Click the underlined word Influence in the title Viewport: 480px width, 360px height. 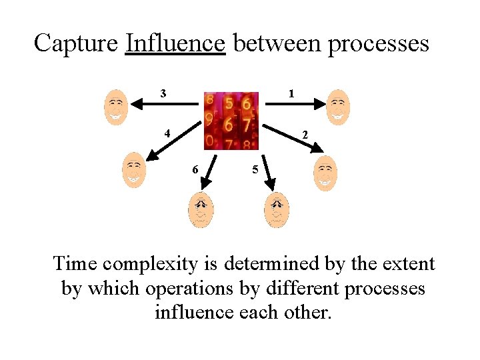[175, 43]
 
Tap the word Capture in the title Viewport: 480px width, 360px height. [76, 43]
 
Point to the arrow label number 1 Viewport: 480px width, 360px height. [291, 94]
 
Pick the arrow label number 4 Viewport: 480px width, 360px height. [169, 132]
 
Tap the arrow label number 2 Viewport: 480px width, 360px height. [305, 135]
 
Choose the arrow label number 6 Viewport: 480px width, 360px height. [195, 169]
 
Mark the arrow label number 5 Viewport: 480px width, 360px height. [254, 169]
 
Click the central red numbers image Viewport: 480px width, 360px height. [231, 121]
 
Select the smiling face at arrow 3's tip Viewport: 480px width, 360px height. [116, 107]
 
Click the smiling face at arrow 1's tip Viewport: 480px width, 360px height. [338, 107]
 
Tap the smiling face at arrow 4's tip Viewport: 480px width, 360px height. [133, 170]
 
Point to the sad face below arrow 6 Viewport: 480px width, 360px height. [201, 209]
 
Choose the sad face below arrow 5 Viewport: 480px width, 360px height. [277, 209]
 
